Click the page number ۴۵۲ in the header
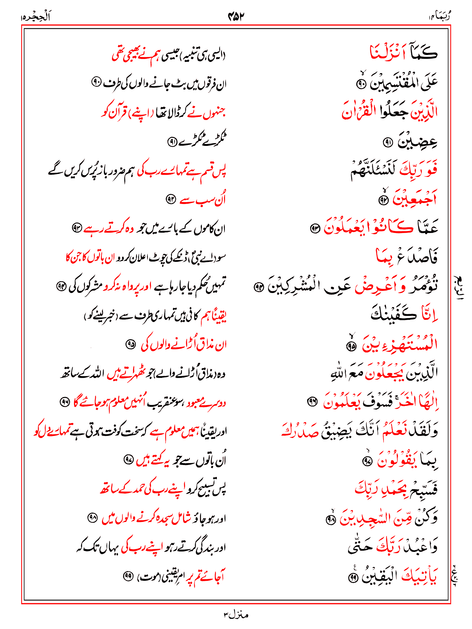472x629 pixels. click(236, 16)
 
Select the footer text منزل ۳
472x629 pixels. click(236, 615)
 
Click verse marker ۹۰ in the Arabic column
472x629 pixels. click(361, 84)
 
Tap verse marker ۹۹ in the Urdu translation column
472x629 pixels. click(128, 576)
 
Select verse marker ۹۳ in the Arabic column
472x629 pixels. click(315, 229)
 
